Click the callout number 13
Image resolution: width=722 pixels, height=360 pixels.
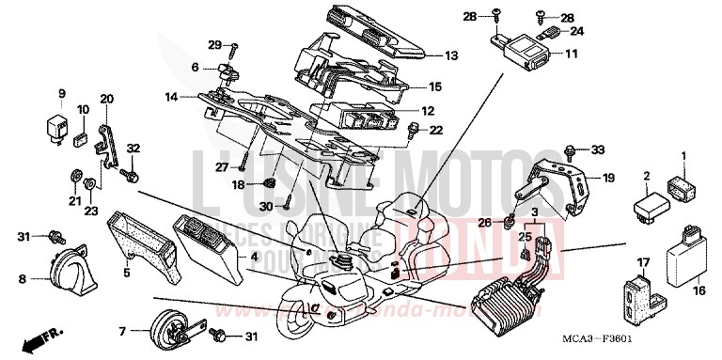click(452, 55)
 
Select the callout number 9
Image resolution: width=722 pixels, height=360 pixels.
click(62, 92)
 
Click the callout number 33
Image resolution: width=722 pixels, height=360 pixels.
click(597, 149)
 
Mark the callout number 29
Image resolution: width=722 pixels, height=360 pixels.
click(213, 45)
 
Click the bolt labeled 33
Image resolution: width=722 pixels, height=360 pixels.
click(572, 149)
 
